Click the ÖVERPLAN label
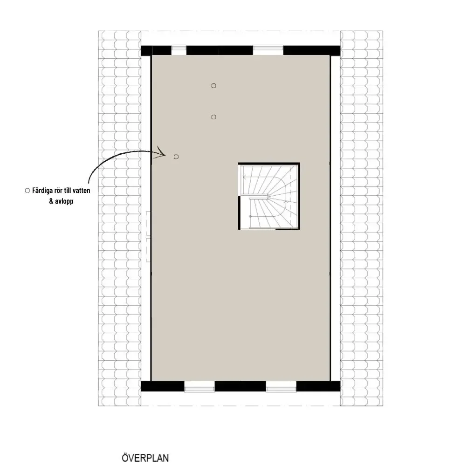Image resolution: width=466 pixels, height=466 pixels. click(145, 458)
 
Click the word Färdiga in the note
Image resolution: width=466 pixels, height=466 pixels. click(42, 191)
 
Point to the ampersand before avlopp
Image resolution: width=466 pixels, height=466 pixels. click(51, 201)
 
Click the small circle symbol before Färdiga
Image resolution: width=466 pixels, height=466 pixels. click(27, 191)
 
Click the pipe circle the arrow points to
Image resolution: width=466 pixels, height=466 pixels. click(176, 157)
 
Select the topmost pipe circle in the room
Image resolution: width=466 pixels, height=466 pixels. click(213, 86)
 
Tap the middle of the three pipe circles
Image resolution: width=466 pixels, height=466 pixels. click(213, 117)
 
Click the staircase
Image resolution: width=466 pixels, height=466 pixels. click(269, 196)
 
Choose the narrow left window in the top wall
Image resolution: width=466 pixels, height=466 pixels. click(179, 50)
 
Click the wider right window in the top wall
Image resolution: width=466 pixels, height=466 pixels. click(268, 50)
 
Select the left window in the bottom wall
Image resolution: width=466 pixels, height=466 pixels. click(199, 386)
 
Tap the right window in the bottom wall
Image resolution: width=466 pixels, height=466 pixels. click(281, 386)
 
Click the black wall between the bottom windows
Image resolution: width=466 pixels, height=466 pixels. click(240, 386)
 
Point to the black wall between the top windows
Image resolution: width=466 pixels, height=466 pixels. click(219, 50)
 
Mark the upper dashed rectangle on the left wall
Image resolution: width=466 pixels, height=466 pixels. click(148, 224)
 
